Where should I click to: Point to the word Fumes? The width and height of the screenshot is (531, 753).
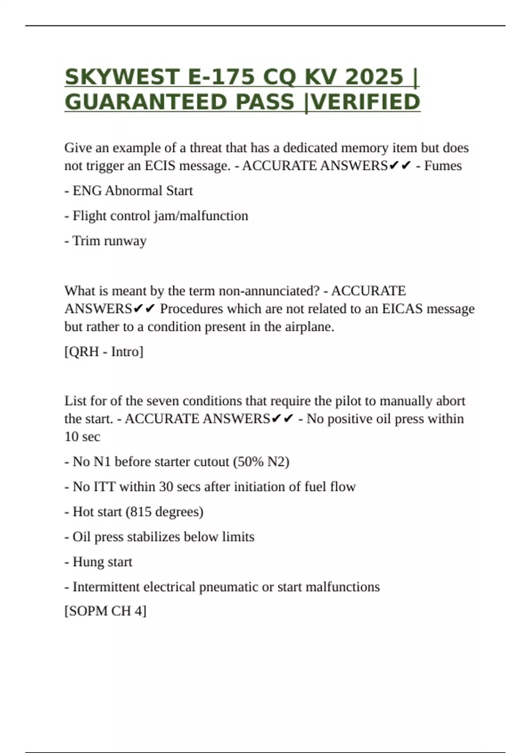coord(443,166)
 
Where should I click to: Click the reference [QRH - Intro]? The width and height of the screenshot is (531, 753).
coord(104,352)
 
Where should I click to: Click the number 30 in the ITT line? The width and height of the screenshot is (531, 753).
coord(166,487)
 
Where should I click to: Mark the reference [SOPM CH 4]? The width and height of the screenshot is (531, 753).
coord(105,611)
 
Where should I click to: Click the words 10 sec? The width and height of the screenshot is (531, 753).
coord(82,437)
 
